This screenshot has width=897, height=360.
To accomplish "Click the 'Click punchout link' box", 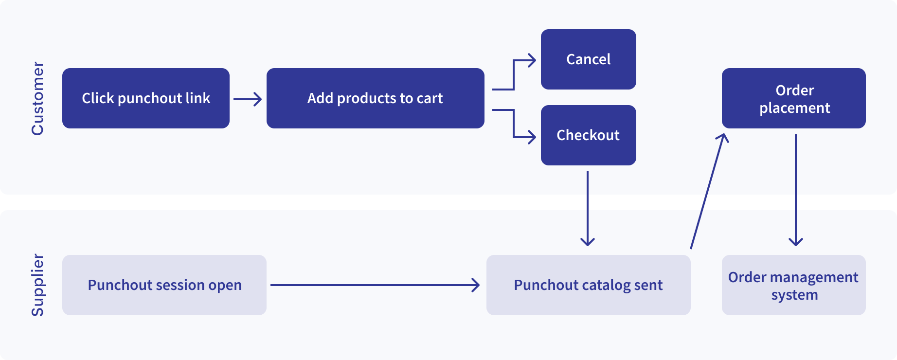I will coord(146,98).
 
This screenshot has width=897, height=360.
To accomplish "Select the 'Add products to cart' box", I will coord(375,98).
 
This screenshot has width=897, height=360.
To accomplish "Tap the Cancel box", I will coord(588,59).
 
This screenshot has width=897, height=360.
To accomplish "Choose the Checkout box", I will coord(588,135).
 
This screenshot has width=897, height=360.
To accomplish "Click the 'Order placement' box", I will coord(793,98).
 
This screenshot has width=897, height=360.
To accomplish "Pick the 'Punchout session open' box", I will coord(164,285).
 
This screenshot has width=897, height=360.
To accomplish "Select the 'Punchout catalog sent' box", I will coord(588,285).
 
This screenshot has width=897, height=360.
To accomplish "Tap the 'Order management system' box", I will coord(793,285).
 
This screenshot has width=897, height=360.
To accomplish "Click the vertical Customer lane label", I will coord(37,98).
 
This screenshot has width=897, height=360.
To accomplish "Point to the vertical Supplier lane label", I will coord(37,285).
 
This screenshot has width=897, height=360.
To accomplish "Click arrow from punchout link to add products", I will coord(247,99).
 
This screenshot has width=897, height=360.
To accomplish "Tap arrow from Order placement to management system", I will coord(796,190).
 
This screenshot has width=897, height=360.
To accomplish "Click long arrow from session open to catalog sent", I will coord(375,285).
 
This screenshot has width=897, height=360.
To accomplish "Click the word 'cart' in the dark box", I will coord(430,98).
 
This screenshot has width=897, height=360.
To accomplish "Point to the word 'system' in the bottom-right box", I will coord(794,295).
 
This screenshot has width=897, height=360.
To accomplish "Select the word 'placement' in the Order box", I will coord(794,108).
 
